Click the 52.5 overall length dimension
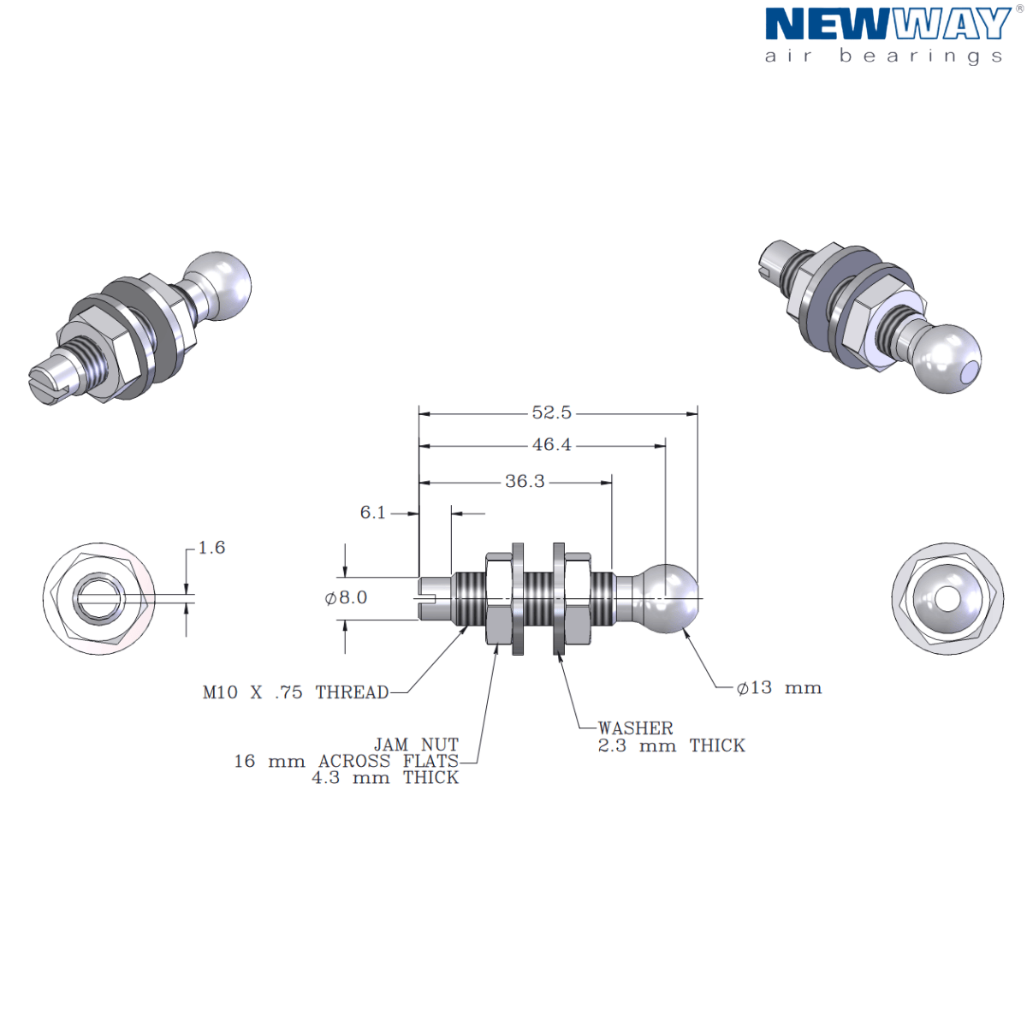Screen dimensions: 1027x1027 coord(551,413)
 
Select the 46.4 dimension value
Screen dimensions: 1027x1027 coord(551,445)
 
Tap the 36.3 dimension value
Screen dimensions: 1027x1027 coord(525,482)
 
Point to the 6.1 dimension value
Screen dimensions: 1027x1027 coord(372,513)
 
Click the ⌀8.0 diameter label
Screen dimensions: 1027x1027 coord(346,597)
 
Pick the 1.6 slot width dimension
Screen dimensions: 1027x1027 coord(211,548)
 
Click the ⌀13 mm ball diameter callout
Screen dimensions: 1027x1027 coord(779,687)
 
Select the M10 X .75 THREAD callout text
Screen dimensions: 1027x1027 coord(295,692)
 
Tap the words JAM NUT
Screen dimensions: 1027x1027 coord(416,745)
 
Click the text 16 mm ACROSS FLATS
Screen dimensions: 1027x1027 coord(346,761)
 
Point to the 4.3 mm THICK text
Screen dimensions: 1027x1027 coord(385,778)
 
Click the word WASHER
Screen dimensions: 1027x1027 coord(635,728)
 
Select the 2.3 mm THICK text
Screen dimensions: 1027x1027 coord(671,745)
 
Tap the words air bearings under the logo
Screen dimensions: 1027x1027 coord(883,56)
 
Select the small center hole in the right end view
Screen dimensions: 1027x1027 coord(947,598)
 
